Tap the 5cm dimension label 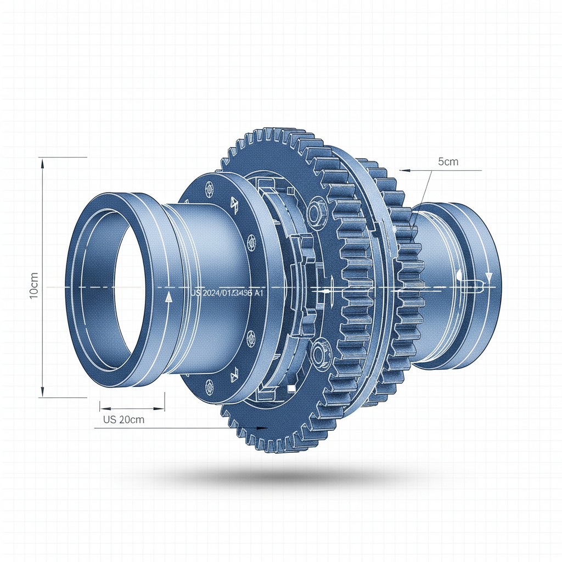448,162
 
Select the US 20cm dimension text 123,420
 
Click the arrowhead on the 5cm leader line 404,170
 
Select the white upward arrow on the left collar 168,297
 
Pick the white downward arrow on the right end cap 488,276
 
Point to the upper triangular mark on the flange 234,205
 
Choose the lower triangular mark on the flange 234,374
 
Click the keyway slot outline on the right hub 469,283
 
